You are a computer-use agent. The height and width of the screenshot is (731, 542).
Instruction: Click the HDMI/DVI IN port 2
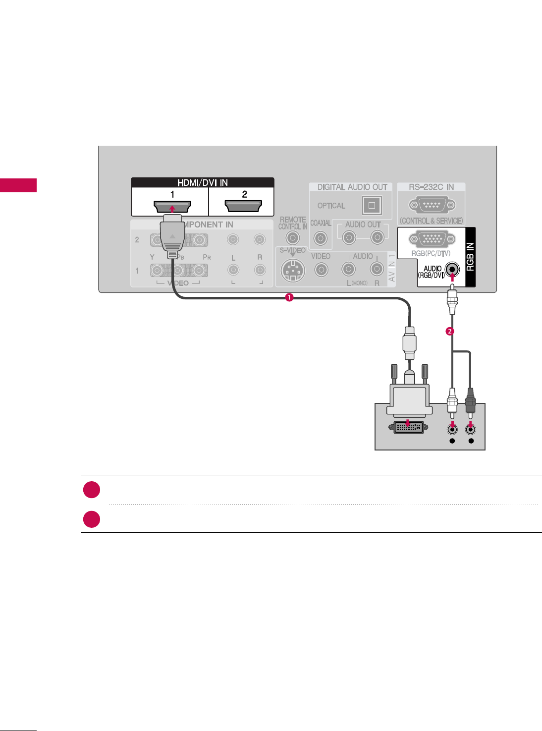(243, 206)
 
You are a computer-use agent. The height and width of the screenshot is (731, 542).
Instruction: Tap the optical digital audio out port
(372, 205)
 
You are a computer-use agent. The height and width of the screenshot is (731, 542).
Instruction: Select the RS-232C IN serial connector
(432, 205)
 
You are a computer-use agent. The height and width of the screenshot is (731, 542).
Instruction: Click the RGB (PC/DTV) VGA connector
(432, 239)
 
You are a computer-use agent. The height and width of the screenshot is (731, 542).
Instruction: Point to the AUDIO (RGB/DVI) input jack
(452, 270)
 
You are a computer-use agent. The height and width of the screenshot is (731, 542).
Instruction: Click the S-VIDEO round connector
(292, 271)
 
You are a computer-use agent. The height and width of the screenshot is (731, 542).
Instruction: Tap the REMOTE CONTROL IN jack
(293, 238)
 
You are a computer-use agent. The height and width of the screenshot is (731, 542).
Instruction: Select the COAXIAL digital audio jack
(321, 238)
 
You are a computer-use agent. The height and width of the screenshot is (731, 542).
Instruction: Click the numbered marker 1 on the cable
(289, 297)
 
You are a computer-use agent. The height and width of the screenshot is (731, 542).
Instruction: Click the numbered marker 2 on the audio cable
(450, 331)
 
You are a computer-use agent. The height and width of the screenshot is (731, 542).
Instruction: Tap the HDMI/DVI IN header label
(203, 182)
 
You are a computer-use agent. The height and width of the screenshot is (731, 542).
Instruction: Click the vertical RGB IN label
(470, 256)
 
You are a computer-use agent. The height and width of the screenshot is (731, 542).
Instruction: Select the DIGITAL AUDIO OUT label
(352, 187)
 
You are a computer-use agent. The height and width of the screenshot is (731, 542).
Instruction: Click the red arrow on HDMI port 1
(172, 209)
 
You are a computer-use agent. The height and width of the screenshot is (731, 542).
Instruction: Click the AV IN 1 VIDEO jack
(321, 270)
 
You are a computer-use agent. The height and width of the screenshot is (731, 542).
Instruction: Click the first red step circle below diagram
(92, 490)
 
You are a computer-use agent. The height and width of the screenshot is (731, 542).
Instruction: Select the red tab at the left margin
(18, 185)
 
